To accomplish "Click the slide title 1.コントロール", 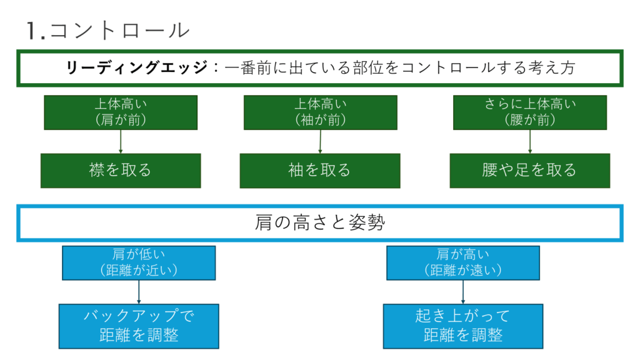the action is coord(108,31).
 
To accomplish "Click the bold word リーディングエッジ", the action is coord(137,67).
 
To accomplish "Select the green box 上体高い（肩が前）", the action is coord(121,112).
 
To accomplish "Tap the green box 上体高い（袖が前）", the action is coord(321,112).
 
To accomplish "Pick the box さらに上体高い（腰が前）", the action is coord(530,112).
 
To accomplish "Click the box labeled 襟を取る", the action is coord(121,171).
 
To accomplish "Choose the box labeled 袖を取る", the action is coord(320,171).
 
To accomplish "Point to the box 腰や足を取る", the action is coord(530,171).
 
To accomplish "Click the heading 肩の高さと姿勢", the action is coord(320,223).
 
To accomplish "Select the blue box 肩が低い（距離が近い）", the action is coord(139,263).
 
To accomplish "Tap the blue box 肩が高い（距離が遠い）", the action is coord(463,263).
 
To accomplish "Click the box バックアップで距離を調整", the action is coord(139,326).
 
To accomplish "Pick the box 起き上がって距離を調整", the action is coord(463,326).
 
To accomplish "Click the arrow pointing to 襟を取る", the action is coord(121,142).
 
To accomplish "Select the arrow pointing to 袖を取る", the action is coord(321,142).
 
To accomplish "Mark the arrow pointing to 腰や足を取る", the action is coord(530,142).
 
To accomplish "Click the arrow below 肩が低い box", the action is coord(139,292).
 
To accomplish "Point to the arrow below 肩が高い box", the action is coord(463,292).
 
